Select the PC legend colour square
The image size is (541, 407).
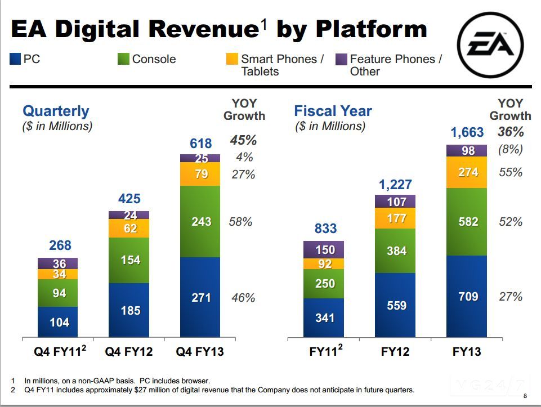pyautogui.click(x=15, y=59)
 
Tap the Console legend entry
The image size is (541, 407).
pyautogui.click(x=154, y=59)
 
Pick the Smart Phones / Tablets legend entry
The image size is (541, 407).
pyautogui.click(x=281, y=65)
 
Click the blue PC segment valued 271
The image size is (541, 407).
pyautogui.click(x=201, y=297)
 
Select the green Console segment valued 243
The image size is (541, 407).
pyautogui.click(x=201, y=221)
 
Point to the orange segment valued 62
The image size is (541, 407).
pyautogui.click(x=130, y=229)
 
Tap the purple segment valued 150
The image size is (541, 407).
pyautogui.click(x=325, y=249)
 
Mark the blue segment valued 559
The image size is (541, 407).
pyautogui.click(x=396, y=305)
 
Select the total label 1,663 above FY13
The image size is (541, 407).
pyautogui.click(x=467, y=132)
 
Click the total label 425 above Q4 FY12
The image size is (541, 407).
pyautogui.click(x=129, y=199)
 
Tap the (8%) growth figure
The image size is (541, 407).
pyautogui.click(x=511, y=150)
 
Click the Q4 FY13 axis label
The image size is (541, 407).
pyautogui.click(x=200, y=352)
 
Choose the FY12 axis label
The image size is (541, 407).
pyautogui.click(x=395, y=352)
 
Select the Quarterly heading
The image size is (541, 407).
pyautogui.click(x=56, y=111)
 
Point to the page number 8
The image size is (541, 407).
pyautogui.click(x=525, y=395)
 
